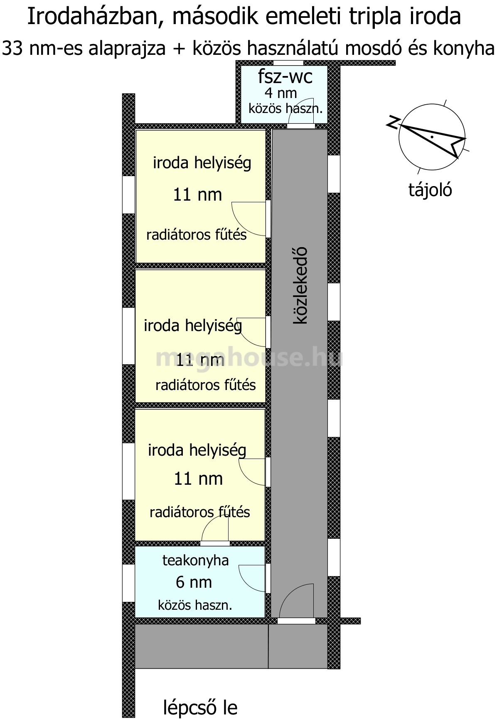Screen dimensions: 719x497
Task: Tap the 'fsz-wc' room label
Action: pos(285,77)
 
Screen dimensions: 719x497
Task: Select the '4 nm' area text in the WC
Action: pos(281,93)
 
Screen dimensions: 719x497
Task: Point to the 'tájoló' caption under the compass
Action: pos(430,190)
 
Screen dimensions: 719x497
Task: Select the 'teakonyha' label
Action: pos(195,560)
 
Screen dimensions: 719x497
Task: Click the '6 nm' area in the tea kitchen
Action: pos(194,582)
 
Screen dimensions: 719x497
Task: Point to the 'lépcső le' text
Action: pos(200,707)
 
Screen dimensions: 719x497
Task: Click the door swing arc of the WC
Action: pos(302,111)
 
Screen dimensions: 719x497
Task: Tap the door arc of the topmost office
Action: pos(248,219)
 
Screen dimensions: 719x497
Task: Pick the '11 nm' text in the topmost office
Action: pos(197,194)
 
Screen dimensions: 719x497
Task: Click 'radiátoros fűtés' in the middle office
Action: pos(205,385)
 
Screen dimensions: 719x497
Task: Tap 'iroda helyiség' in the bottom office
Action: pos(197,450)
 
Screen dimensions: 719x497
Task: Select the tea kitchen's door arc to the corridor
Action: pos(252,578)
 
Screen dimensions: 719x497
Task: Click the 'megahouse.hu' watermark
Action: pos(249,358)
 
